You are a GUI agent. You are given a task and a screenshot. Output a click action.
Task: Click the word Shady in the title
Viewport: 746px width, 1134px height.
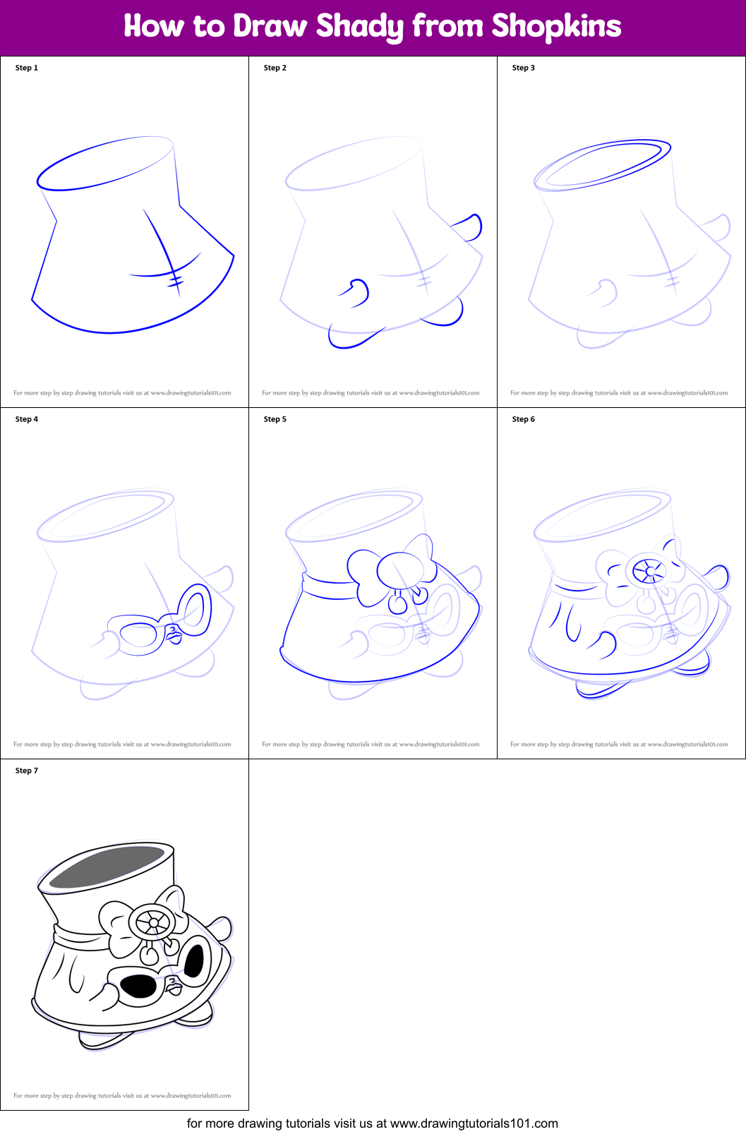360,27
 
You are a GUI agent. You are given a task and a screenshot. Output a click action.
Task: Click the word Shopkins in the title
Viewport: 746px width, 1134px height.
556,27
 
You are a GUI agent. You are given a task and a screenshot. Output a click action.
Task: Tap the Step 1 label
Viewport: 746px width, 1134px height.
27,68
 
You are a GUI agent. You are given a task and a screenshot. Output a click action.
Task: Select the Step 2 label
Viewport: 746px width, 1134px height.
275,68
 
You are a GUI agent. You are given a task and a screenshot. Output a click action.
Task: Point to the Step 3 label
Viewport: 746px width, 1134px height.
524,68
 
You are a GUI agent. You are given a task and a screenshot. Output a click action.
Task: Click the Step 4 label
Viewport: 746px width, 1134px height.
27,419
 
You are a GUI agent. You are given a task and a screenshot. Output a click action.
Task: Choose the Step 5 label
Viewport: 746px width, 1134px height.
275,419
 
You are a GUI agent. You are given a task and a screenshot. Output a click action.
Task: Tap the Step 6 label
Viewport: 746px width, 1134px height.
524,419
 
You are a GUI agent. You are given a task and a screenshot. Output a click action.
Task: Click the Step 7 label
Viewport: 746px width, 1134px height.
27,771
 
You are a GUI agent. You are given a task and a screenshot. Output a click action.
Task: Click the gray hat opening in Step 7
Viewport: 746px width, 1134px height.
106,867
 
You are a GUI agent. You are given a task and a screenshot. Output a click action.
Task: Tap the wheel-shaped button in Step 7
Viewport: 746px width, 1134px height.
151,922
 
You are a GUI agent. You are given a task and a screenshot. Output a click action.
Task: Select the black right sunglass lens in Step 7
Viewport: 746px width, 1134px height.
194,960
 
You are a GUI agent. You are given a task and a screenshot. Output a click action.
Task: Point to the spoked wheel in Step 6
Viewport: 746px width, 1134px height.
649,571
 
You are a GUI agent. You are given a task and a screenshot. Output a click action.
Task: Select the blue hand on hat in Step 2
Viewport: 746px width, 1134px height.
355,291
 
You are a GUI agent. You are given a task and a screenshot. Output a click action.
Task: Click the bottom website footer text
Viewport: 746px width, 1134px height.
373,1123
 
